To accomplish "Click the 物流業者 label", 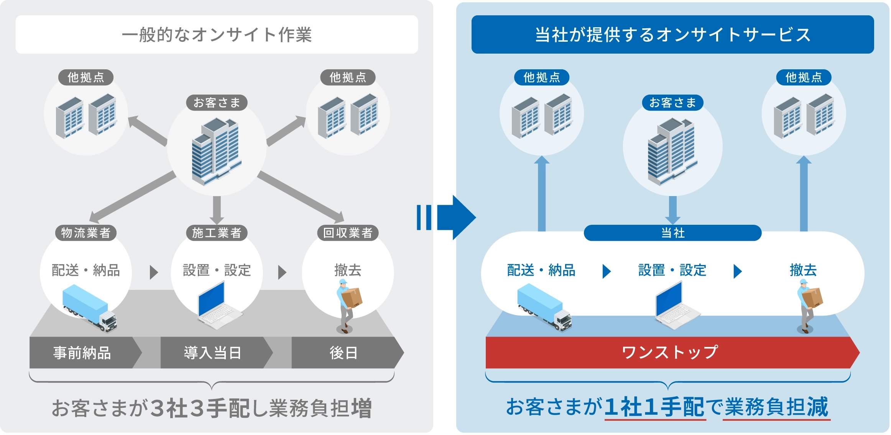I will pos(85,233).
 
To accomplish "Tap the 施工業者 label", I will pos(217,233).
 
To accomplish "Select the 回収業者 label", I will pos(348,233).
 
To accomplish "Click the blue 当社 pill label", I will pos(672,233).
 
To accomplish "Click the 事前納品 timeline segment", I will pos(82,353).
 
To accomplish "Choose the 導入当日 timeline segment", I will pos(213,353).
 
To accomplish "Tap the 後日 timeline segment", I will pos(344,353).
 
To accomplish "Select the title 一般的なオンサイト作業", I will pos(217,34).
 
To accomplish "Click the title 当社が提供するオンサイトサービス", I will pos(672,34).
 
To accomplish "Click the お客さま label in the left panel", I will pos(217,103).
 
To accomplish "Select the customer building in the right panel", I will pos(672,151).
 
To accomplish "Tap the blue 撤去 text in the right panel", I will pos(803,270).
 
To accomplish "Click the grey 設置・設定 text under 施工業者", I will pos(217,270).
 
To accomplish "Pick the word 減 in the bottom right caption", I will pos(817,407).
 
